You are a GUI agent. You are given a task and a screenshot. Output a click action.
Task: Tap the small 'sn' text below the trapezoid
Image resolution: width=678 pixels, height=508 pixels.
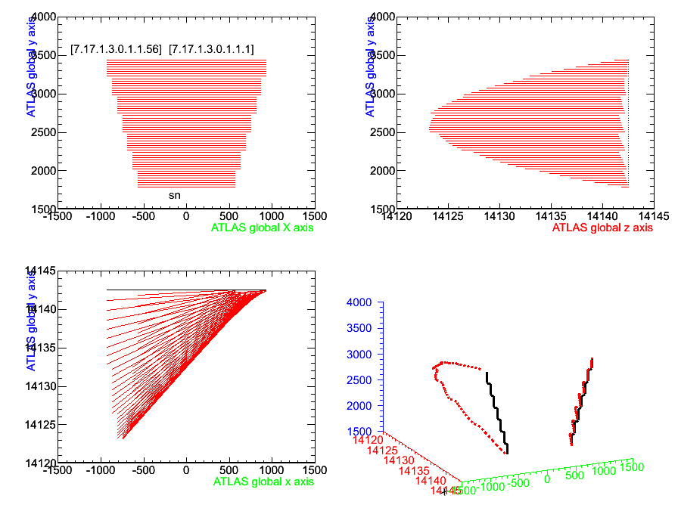point(174,195)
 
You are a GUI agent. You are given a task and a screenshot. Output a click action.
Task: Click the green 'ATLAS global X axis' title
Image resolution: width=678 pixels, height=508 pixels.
point(261,227)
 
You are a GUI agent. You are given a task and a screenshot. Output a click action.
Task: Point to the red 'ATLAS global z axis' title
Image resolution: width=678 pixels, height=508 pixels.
point(602,227)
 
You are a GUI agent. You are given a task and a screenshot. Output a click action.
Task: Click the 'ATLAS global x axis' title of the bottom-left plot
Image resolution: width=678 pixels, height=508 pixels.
point(263,481)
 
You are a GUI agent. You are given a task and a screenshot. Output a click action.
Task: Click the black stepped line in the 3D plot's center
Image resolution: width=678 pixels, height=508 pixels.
point(496,412)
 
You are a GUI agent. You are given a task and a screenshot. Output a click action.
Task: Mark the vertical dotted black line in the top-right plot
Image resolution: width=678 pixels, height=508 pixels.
point(629,121)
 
